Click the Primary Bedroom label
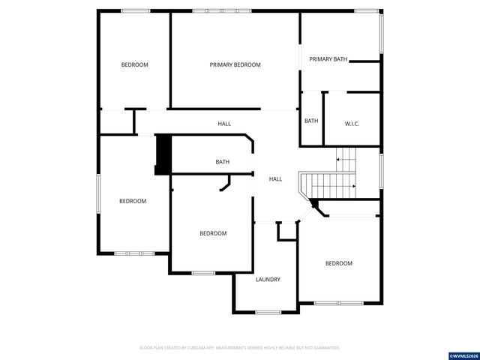coord(235,65)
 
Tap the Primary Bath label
coord(328,59)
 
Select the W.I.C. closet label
coord(352,124)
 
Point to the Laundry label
coord(268,280)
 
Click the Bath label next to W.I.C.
coord(311,121)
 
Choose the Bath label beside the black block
coord(223,162)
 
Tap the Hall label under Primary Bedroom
coord(224,124)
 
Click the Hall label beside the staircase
coord(275,179)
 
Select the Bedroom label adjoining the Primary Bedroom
coord(135,65)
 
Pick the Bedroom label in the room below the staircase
coord(338,263)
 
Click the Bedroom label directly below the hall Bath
coord(213,234)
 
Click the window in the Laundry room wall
coord(268,311)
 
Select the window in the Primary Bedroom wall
coord(222,10)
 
